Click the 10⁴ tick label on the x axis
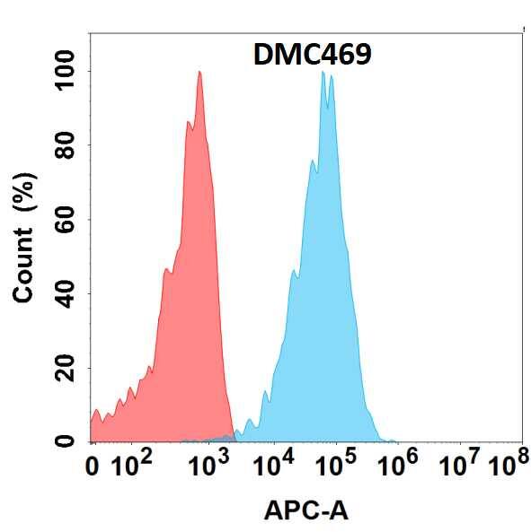pyautogui.click(x=272, y=465)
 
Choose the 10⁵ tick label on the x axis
pyautogui.click(x=336, y=465)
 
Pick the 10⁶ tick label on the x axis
pyautogui.click(x=399, y=465)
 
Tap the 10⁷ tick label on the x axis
pyautogui.click(x=460, y=465)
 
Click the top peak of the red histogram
pyautogui.click(x=199, y=74)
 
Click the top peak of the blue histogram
pyautogui.click(x=323, y=74)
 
